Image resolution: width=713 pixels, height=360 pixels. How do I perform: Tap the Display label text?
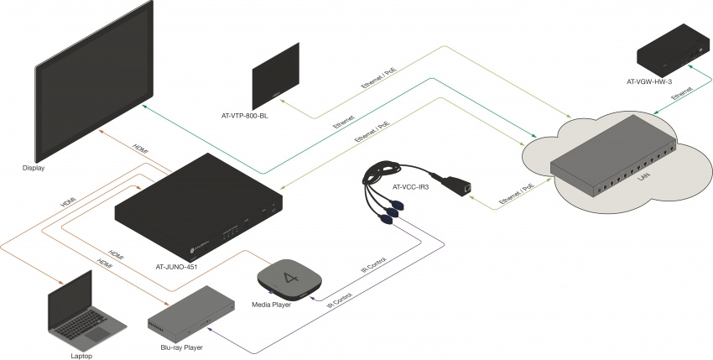tap(34, 168)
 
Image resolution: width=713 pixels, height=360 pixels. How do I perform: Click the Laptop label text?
tap(81, 356)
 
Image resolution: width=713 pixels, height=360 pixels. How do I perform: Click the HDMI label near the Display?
tap(141, 146)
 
